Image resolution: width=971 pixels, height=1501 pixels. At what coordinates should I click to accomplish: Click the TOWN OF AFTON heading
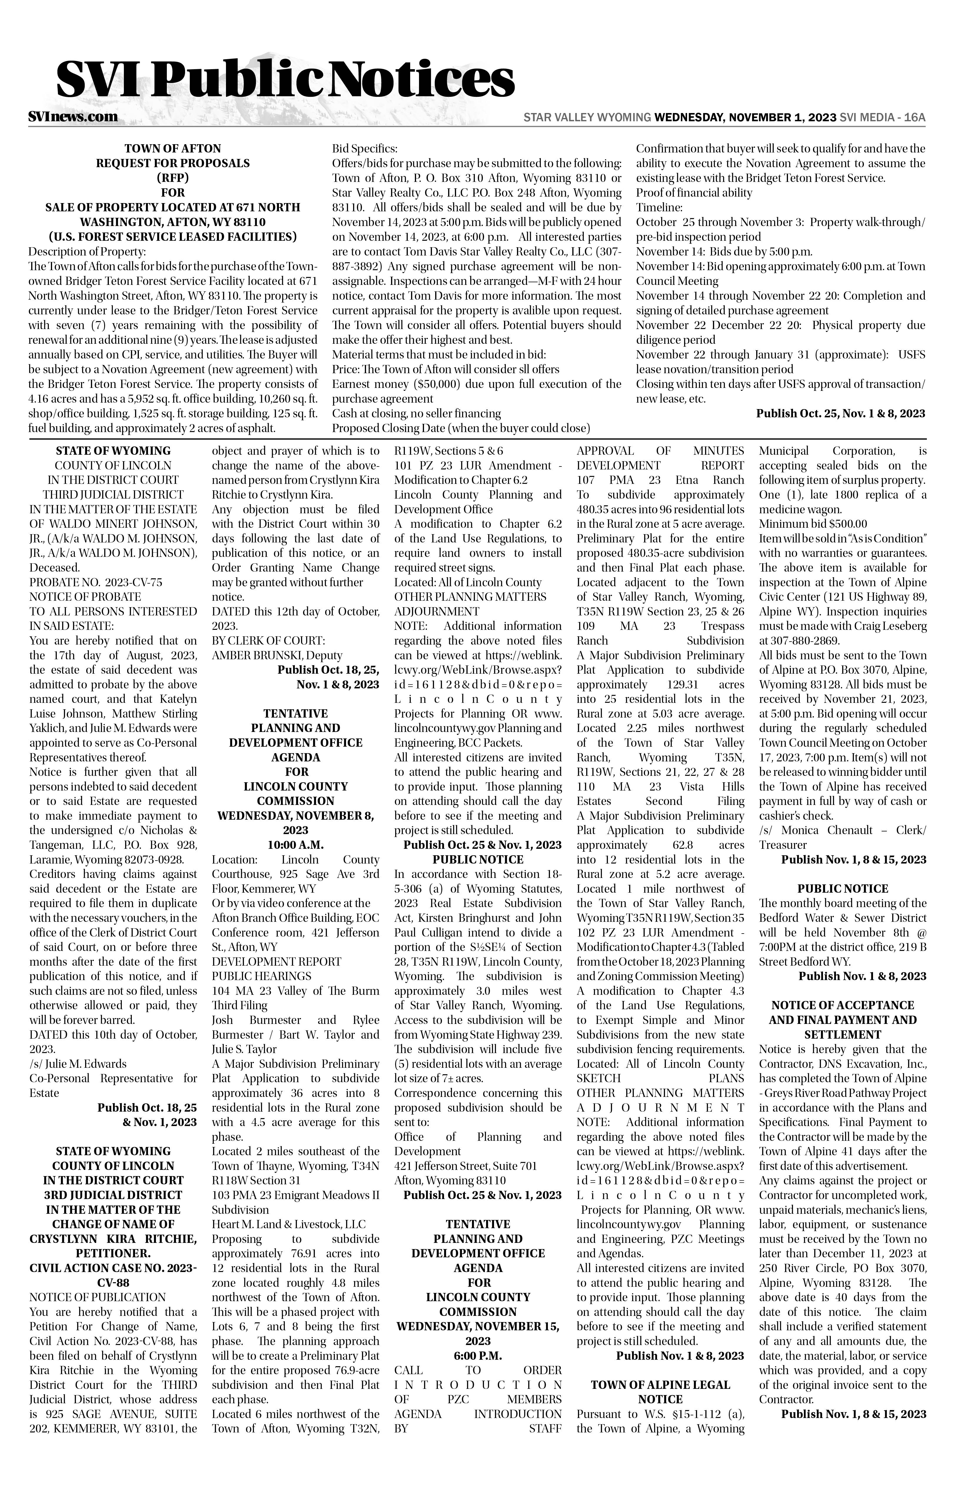click(173, 149)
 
